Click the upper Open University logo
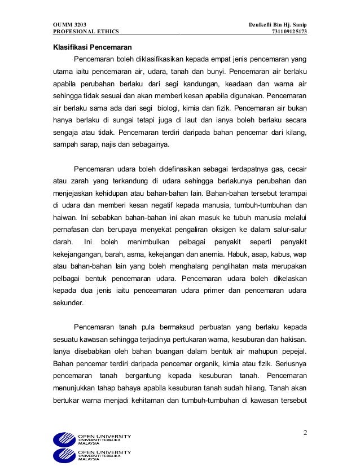[x=92, y=439]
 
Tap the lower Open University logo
[x=92, y=455]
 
